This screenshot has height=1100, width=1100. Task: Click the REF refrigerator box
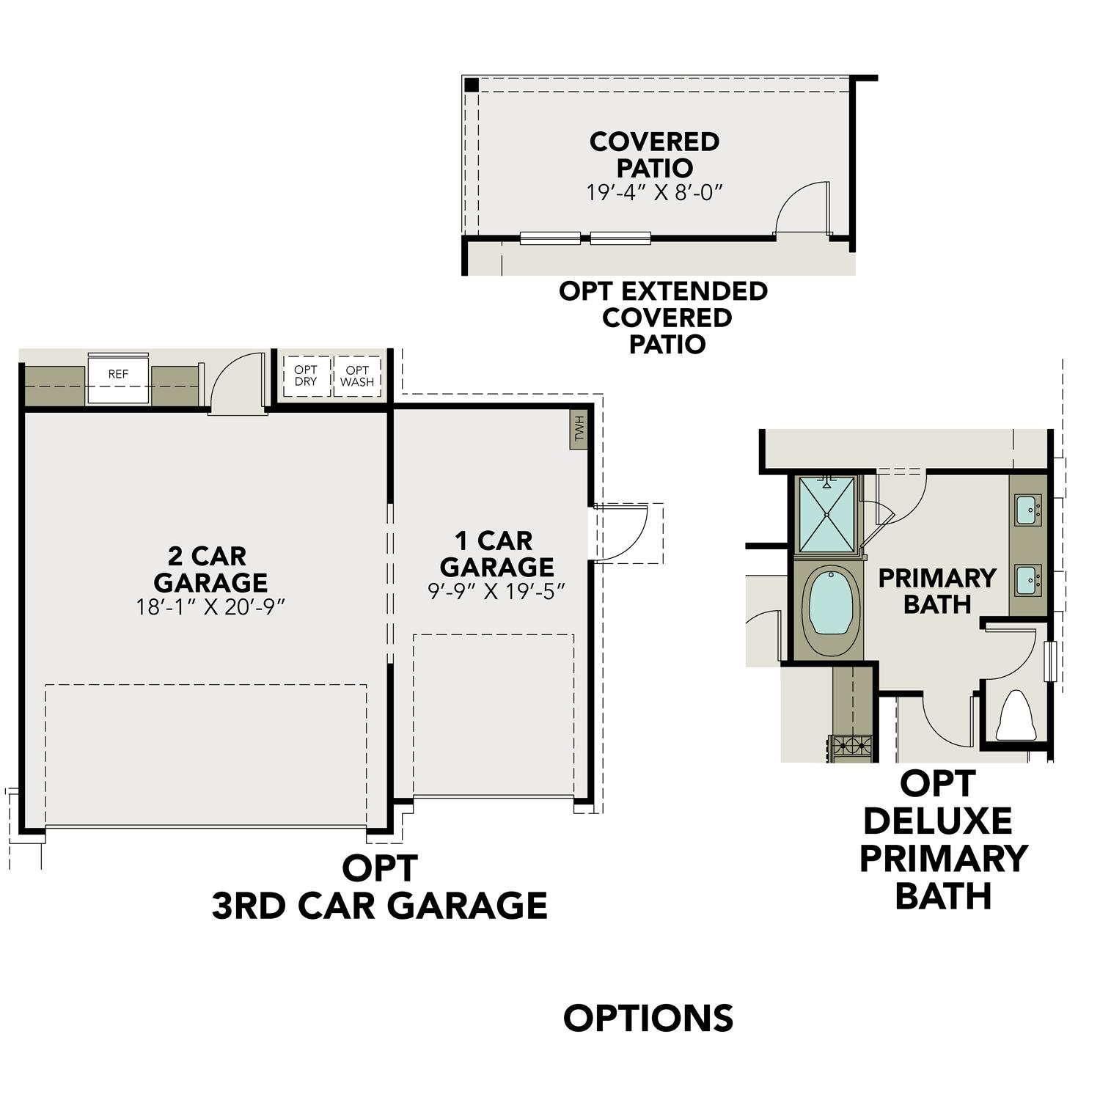click(118, 378)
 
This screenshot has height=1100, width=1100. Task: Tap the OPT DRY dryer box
click(306, 376)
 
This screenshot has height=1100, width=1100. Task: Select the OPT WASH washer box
click(357, 376)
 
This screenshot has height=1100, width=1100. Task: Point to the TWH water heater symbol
click(580, 428)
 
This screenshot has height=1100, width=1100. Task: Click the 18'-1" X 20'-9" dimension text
click(210, 607)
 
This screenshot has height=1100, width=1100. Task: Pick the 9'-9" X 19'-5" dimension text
click(496, 591)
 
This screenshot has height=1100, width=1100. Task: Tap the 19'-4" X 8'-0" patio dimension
click(655, 193)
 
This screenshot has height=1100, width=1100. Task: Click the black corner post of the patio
click(472, 85)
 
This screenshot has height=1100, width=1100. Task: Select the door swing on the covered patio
click(804, 208)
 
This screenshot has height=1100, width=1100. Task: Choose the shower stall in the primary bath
click(827, 513)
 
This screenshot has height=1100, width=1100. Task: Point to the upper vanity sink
click(1027, 509)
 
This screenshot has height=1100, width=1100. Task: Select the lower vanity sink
click(1027, 580)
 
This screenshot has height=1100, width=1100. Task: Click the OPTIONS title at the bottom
click(648, 1018)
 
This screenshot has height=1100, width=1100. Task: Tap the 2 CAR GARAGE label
click(210, 569)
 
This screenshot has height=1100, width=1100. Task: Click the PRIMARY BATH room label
click(936, 591)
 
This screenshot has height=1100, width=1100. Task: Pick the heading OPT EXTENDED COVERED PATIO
click(664, 318)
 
